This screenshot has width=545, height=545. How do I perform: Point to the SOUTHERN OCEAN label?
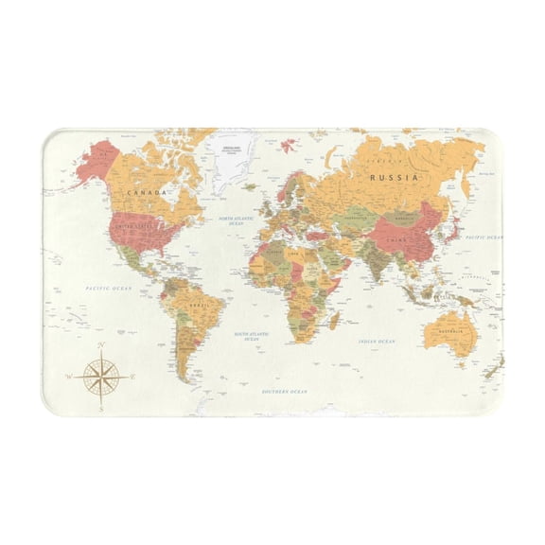click(285, 391)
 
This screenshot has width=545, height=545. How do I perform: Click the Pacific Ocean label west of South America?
click(106, 288)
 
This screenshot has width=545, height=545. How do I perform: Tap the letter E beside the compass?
click(132, 377)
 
